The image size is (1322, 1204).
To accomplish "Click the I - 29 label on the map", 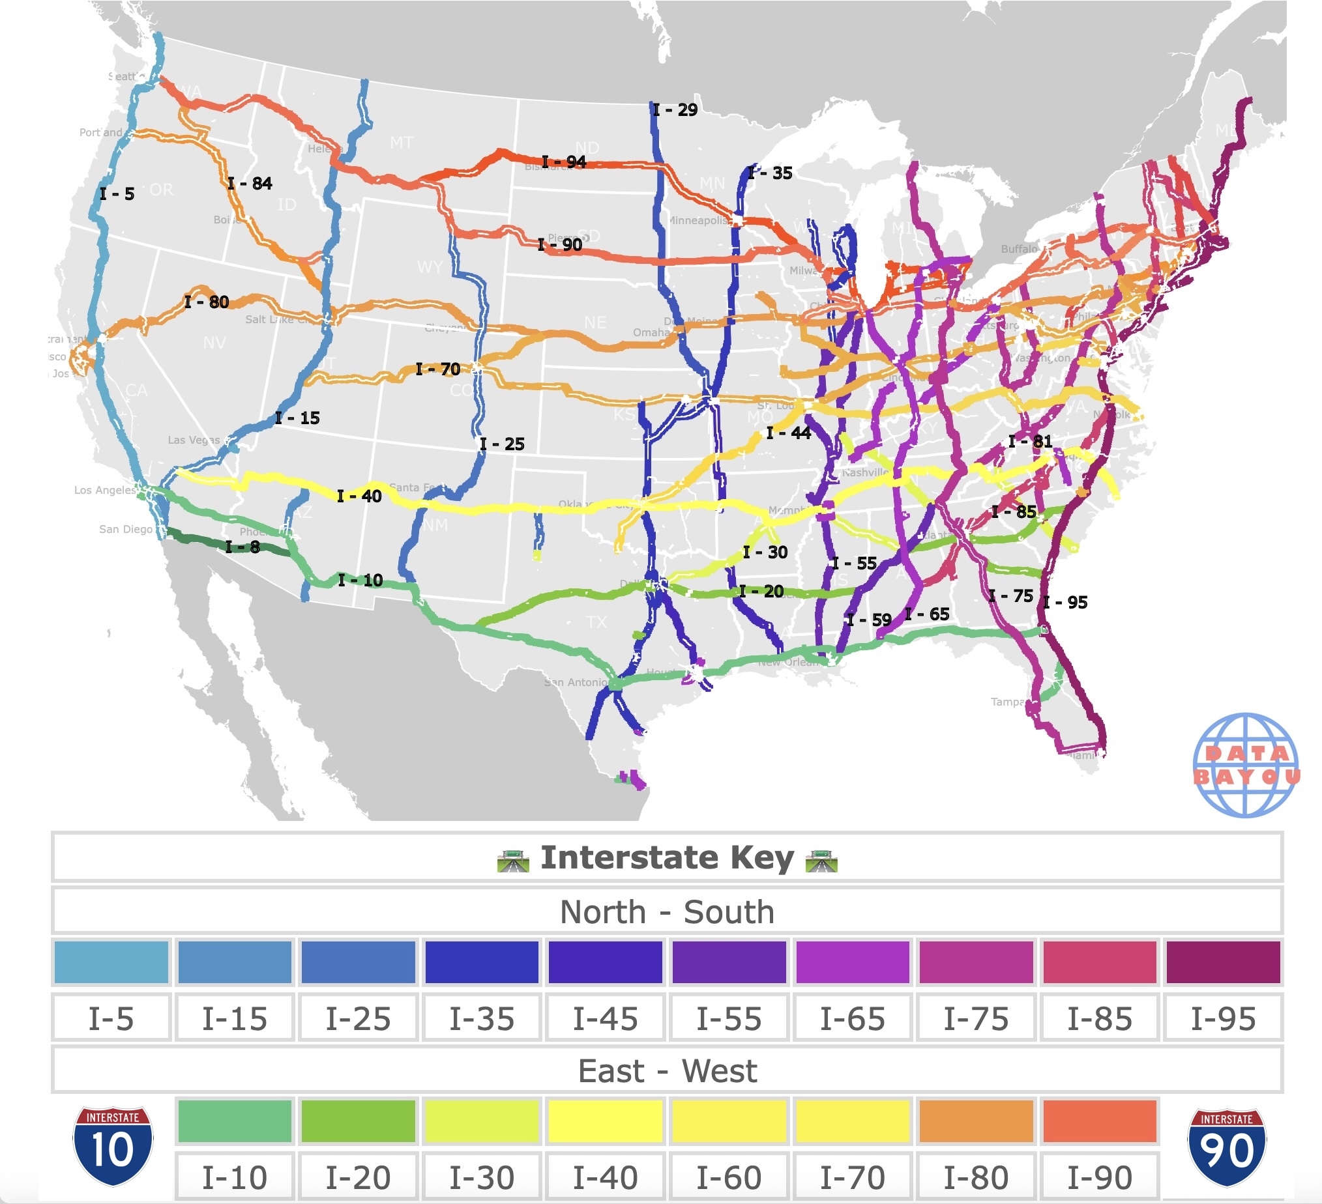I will coord(675,110).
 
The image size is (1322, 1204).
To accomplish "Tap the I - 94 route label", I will coord(564,162).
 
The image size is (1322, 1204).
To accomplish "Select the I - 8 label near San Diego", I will coord(242,547).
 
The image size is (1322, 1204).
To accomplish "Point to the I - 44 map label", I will coord(788,433).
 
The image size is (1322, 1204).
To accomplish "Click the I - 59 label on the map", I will coord(869,620).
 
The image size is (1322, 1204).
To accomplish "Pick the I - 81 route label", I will coord(1030,441).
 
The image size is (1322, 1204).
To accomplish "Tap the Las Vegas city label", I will coord(194,440).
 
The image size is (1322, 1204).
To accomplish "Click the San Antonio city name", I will coord(576,682).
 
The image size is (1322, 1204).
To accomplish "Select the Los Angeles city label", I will coord(104,490).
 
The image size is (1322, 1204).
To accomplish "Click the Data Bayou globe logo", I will coord(1245,765).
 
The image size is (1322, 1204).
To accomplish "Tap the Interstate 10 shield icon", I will coord(113,1146).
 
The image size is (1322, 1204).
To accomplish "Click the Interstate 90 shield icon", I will coord(1227,1147).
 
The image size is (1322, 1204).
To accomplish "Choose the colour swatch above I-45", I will coord(604,962).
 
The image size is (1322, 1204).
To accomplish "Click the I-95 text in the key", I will coord(1223,1018).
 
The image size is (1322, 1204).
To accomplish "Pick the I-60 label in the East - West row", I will coord(729,1177).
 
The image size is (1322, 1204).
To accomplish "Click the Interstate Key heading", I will coord(667,858).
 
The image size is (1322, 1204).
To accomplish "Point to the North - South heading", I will coord(667,911).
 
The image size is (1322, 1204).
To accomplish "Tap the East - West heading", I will coord(667,1071).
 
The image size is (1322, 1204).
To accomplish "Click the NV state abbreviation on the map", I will coord(214,343).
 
